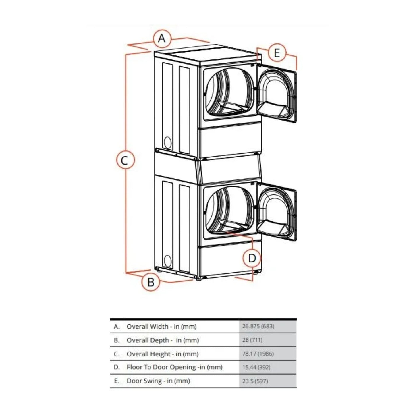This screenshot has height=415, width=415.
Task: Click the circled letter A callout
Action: [x=162, y=38]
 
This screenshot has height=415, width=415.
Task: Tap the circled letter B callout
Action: [x=151, y=282]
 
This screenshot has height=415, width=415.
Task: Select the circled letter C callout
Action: [x=125, y=160]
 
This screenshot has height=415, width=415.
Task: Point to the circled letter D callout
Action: [x=252, y=258]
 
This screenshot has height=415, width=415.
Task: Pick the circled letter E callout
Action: [x=277, y=53]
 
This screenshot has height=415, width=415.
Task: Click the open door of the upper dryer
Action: [x=276, y=92]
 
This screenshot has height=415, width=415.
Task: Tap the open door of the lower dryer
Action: [x=276, y=211]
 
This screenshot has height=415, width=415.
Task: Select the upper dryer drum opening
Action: [x=229, y=93]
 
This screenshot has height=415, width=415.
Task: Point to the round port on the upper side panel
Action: [x=168, y=142]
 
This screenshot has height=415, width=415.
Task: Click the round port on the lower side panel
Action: [x=168, y=261]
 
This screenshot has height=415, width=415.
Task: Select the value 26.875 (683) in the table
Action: [x=258, y=326]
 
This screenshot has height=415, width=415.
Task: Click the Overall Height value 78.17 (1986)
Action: [x=258, y=354]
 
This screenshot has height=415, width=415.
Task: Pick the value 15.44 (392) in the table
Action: [x=256, y=367]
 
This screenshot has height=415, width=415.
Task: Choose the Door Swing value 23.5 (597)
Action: [x=255, y=381]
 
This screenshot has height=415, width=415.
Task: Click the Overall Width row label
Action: [x=161, y=326]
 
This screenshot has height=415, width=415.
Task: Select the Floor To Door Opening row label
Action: [x=174, y=367]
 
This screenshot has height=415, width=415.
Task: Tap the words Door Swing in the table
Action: [x=144, y=381]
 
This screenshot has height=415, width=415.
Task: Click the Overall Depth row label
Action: [x=163, y=340]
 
